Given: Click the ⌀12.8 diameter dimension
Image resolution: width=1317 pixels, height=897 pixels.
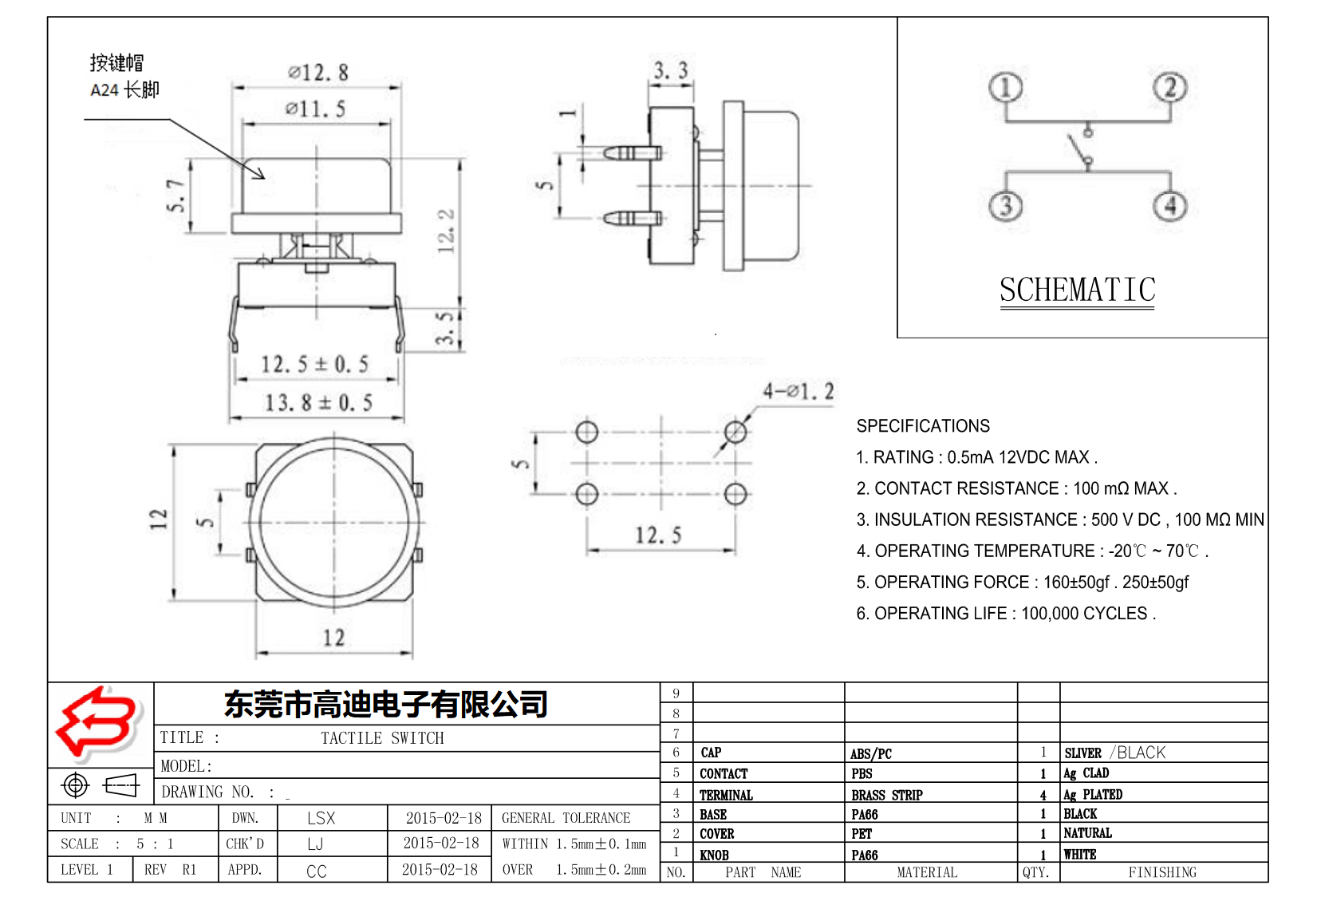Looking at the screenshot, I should pyautogui.click(x=317, y=73).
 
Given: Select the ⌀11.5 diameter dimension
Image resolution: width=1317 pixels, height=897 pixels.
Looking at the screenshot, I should pyautogui.click(x=316, y=109).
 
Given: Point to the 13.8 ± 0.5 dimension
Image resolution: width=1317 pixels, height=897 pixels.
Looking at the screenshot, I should pyautogui.click(x=318, y=402).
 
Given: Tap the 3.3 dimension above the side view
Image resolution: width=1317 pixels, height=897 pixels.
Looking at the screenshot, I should pyautogui.click(x=670, y=71).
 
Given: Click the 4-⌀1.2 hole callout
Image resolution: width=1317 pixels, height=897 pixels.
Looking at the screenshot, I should pyautogui.click(x=798, y=391).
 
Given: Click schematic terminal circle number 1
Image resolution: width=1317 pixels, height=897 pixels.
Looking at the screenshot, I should pyautogui.click(x=1005, y=88).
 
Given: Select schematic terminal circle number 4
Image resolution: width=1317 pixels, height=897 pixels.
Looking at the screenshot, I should pyautogui.click(x=1169, y=206).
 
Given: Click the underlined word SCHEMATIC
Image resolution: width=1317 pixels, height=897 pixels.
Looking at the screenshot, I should pyautogui.click(x=1077, y=290).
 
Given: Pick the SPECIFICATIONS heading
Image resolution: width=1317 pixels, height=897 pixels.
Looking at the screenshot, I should pyautogui.click(x=923, y=425).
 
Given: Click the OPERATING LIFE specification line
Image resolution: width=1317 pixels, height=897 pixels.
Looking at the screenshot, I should pyautogui.click(x=1005, y=613).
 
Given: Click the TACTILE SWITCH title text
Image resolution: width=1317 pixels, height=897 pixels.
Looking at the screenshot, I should pyautogui.click(x=382, y=738).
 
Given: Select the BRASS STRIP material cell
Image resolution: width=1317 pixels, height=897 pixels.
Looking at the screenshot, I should pyautogui.click(x=886, y=795).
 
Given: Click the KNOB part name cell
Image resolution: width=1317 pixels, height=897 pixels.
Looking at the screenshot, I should pyautogui.click(x=714, y=855).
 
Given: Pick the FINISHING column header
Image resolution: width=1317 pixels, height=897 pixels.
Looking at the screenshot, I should pyautogui.click(x=1162, y=872).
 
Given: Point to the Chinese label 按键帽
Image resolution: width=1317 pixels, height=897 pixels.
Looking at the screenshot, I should pyautogui.click(x=116, y=62).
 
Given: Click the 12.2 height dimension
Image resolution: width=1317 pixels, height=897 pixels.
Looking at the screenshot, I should pyautogui.click(x=446, y=231).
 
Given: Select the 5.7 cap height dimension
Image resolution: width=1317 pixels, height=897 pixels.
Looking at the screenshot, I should pyautogui.click(x=175, y=196).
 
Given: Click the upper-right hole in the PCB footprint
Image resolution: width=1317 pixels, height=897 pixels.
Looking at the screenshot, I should pyautogui.click(x=735, y=433).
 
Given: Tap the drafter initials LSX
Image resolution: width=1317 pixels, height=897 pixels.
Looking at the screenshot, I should pyautogui.click(x=321, y=818).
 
